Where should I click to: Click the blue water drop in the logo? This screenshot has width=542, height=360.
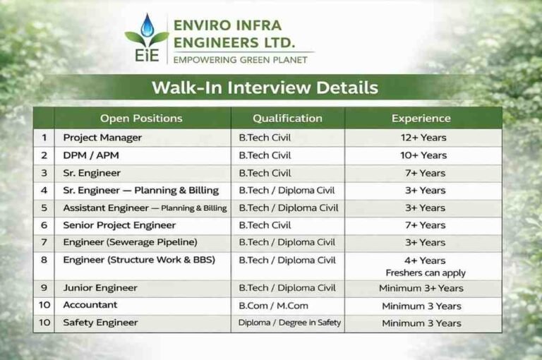[147, 27]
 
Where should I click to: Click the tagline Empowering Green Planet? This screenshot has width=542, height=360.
[240, 60]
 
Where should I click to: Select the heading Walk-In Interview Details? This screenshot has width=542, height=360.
[265, 88]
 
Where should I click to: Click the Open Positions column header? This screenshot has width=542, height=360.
[141, 118]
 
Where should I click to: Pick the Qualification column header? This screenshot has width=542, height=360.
[287, 118]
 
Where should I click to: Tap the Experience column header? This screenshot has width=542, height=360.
[421, 118]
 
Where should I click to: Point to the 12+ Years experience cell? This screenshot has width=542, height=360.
[423, 138]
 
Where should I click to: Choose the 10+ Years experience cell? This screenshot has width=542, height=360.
[423, 155]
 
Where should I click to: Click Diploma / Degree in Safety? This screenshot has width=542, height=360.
[289, 323]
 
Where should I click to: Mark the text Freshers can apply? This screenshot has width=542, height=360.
[425, 272]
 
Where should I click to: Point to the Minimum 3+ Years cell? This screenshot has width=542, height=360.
[421, 288]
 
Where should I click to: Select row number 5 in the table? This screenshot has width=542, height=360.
[44, 208]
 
